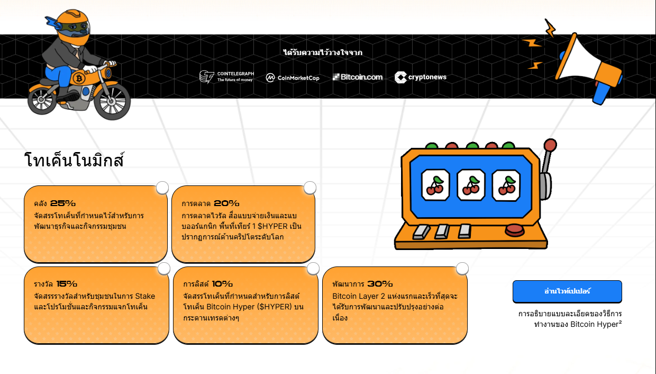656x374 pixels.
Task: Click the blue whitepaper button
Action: [567, 291]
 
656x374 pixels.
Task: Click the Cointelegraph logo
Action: [226, 77]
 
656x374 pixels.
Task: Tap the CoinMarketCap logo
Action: [292, 78]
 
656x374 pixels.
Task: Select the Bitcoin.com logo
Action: [358, 77]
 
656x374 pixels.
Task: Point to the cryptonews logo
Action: [420, 77]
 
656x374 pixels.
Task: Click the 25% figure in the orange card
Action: [62, 203]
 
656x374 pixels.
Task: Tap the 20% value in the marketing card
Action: [226, 203]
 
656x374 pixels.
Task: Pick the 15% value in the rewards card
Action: [67, 283]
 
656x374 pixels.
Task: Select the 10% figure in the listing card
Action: [222, 283]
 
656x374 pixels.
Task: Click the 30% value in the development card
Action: [380, 283]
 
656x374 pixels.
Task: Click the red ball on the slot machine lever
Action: [550, 145]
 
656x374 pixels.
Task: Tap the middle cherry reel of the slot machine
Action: [471, 185]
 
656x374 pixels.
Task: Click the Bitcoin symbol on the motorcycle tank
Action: [79, 78]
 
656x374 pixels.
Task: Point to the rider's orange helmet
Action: [73, 26]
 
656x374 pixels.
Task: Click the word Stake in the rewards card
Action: [145, 296]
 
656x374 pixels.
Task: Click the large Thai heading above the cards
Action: [74, 160]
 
